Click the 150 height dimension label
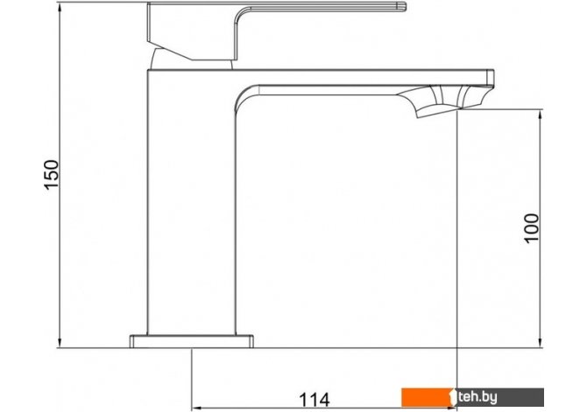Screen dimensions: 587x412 [x=52, y=175]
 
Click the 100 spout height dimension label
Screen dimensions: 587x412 [x=531, y=228]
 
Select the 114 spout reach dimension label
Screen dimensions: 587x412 [x=315, y=400]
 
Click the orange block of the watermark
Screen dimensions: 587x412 [x=428, y=397]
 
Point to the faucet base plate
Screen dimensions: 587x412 [x=191, y=341]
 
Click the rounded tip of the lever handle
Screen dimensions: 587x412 [x=402, y=7]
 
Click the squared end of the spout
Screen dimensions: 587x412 [x=491, y=78]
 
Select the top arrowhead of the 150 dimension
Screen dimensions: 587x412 [x=60, y=8]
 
